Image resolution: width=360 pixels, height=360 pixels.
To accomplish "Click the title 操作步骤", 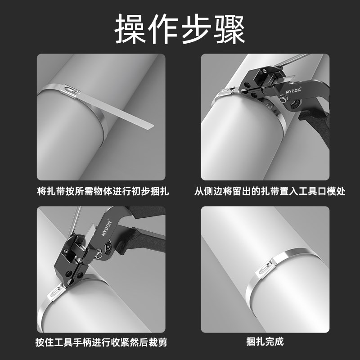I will pyautogui.click(x=180, y=30).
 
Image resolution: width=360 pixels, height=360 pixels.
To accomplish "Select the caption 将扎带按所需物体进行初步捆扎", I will pyautogui.click(x=103, y=191).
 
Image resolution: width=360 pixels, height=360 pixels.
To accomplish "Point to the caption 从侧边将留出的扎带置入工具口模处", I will pyautogui.click(x=270, y=191).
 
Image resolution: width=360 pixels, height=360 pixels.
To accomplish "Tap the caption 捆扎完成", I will pyautogui.click(x=265, y=342).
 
